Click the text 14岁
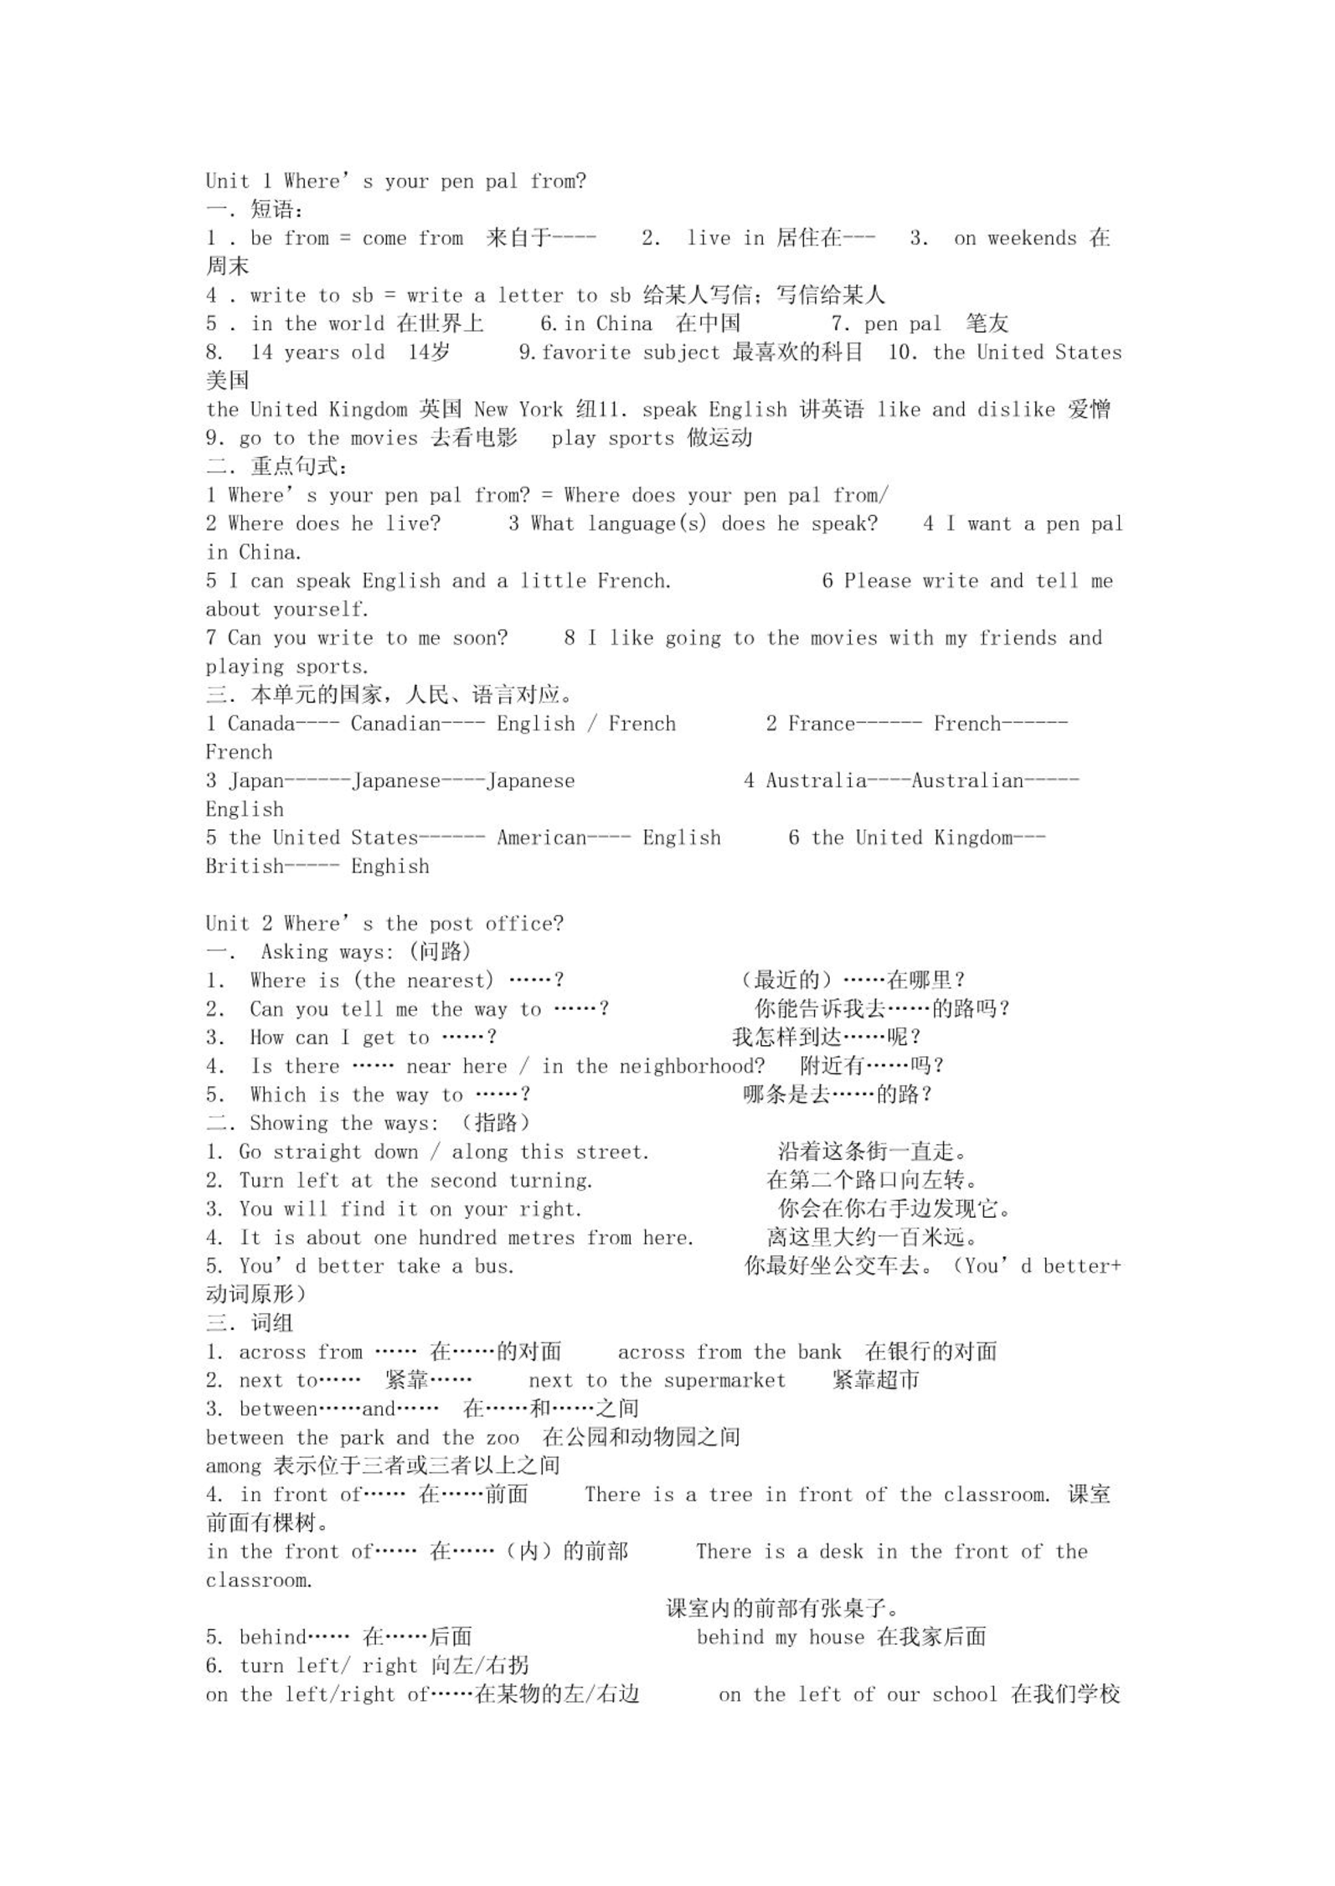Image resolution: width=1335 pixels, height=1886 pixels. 429,353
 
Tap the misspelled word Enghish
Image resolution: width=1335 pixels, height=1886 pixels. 390,867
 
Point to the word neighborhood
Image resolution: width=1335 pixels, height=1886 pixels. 691,1067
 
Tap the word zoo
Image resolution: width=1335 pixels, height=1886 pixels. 503,1438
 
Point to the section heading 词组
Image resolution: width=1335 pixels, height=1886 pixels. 272,1324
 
